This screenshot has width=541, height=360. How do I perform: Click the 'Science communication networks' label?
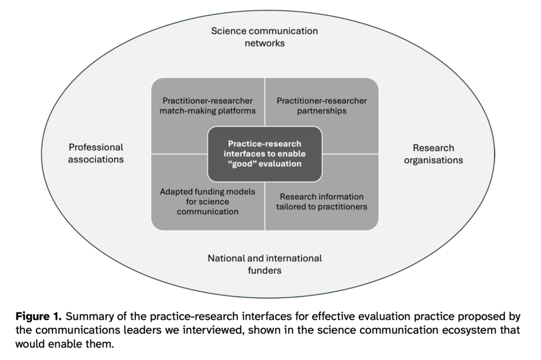(x=265, y=37)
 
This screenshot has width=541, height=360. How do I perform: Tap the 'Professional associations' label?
(x=96, y=153)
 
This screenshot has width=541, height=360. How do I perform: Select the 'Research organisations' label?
(x=433, y=154)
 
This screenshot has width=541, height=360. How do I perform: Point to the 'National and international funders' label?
(x=265, y=264)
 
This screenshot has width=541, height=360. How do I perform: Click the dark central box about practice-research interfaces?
(x=265, y=154)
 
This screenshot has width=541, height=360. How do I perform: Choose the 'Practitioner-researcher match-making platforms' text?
(x=208, y=106)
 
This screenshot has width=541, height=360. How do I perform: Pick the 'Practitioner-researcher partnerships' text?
(x=321, y=106)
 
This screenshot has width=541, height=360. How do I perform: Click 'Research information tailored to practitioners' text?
(x=321, y=202)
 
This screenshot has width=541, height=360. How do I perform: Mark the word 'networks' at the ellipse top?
(x=265, y=43)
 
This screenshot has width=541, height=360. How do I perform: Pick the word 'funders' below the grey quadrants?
(x=265, y=271)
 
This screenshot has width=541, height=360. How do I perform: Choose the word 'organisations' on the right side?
(x=433, y=160)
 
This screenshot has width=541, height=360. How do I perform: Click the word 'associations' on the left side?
(x=96, y=159)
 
